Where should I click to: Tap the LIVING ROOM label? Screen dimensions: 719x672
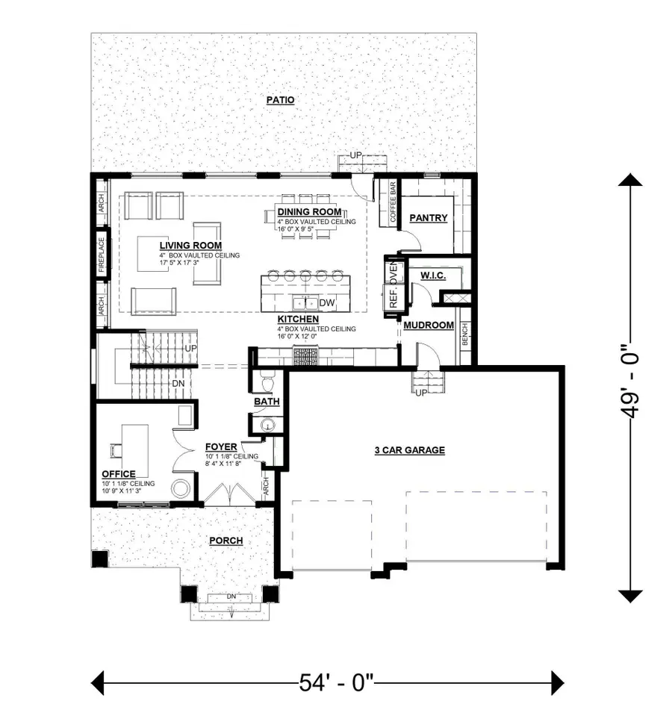[x=190, y=245]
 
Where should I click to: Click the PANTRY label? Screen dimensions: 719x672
[x=429, y=218]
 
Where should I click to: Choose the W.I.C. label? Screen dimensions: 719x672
[x=433, y=276]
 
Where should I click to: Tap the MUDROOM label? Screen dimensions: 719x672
[x=429, y=326]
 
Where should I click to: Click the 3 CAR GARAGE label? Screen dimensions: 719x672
[x=410, y=449]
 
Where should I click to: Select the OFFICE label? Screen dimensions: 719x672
[x=119, y=474]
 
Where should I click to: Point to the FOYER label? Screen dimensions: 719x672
[x=221, y=447]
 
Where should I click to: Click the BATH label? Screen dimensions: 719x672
[x=266, y=402]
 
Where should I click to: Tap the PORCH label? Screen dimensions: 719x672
[x=225, y=541]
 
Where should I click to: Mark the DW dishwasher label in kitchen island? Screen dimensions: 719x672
[x=326, y=303]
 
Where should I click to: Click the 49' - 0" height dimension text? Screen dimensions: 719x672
[x=631, y=387]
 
